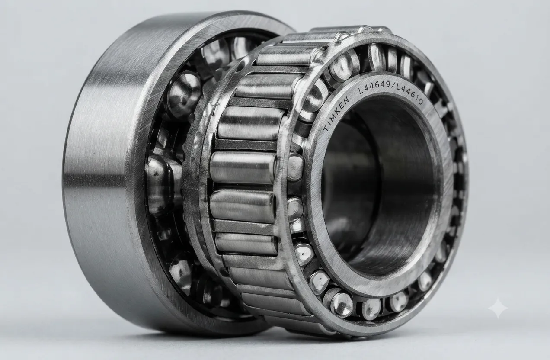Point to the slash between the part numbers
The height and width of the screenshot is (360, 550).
tap(393, 86)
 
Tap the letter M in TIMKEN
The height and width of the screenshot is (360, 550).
tap(333, 117)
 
